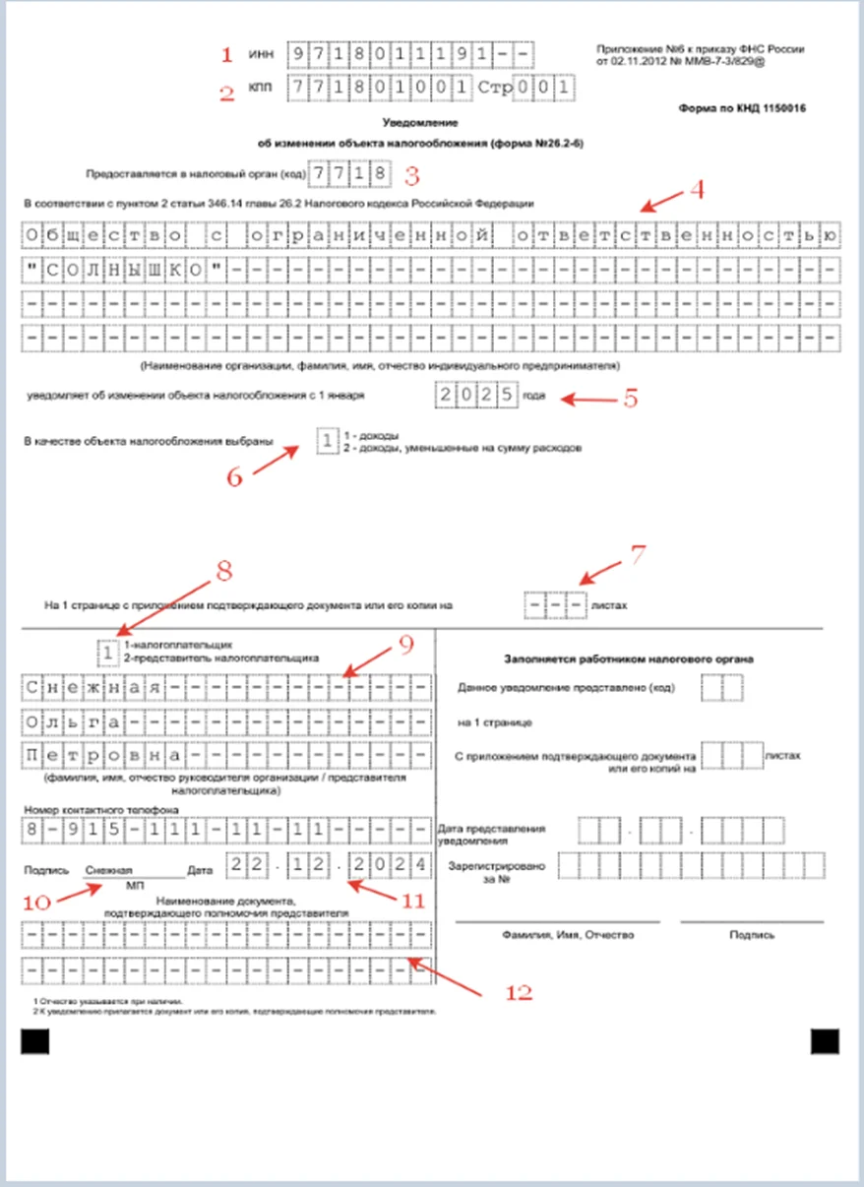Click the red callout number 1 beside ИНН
click(228, 53)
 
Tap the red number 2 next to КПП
click(227, 94)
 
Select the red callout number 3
click(413, 174)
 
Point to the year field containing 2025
click(476, 396)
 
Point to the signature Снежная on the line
click(108, 870)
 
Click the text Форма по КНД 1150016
click(742, 108)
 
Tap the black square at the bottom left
click(35, 1042)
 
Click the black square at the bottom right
click(825, 1042)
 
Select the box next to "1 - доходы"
click(327, 441)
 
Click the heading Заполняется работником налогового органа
click(629, 658)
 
